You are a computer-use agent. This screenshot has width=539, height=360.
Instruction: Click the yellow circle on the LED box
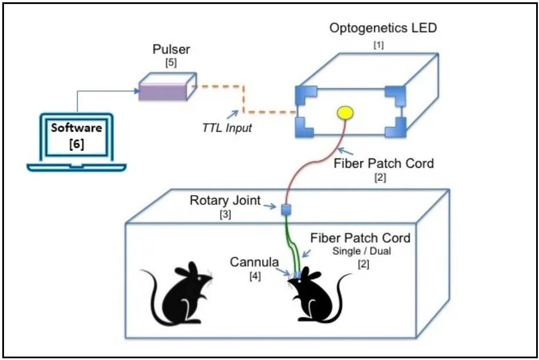[x=345, y=112]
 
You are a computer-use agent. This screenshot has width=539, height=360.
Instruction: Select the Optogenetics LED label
[x=378, y=29]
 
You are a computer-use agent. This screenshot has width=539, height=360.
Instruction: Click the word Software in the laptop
[x=76, y=128]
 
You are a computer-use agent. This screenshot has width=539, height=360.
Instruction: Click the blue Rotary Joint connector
[x=287, y=209]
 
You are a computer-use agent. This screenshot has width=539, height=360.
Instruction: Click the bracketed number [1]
[x=378, y=45]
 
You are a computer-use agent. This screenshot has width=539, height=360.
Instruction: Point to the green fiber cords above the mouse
[x=294, y=246]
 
